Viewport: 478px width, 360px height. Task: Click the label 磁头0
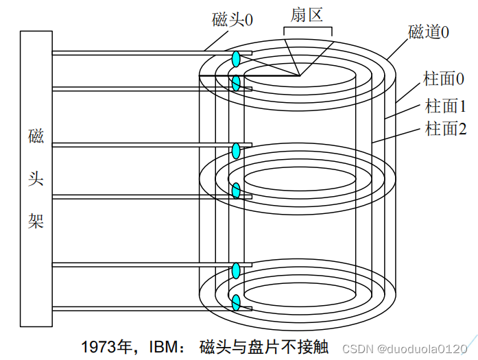click(232, 20)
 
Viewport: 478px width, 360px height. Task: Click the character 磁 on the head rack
click(36, 136)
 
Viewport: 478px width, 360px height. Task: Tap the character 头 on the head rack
click(36, 178)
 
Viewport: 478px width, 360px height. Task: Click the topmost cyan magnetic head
click(236, 59)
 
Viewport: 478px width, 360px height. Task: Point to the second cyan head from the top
click(236, 84)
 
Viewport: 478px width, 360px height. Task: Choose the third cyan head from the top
click(236, 150)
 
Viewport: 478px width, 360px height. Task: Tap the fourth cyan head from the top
click(236, 190)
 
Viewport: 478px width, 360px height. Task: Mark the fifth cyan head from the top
click(236, 269)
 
